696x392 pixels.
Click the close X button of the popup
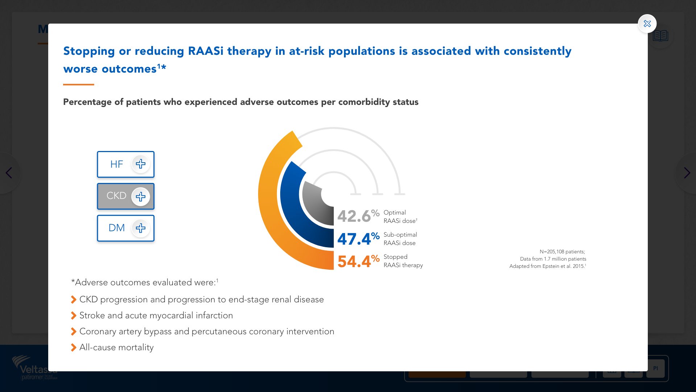(647, 24)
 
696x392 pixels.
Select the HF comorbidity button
(125, 164)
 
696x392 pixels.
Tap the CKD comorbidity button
(125, 196)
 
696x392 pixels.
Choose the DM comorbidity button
(125, 228)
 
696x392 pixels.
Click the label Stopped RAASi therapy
(403, 261)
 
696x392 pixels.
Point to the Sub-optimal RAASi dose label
(400, 239)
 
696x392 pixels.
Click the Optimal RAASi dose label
(400, 217)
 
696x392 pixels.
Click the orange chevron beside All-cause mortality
(74, 347)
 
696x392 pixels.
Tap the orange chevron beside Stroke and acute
(74, 315)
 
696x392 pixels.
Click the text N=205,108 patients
(562, 252)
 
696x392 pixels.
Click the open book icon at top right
(661, 36)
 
